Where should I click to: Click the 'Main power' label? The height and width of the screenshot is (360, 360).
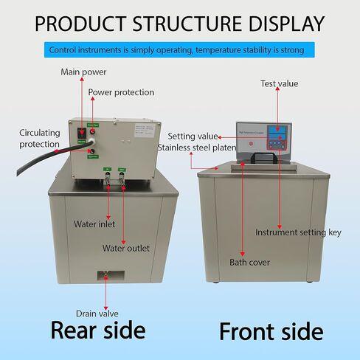(x=83, y=72)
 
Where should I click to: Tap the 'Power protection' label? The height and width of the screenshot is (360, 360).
(x=121, y=93)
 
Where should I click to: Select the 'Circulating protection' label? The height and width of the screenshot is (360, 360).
(x=38, y=138)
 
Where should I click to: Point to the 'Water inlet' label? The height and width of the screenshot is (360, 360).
(x=94, y=224)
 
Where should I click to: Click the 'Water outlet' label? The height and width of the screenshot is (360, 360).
(x=125, y=249)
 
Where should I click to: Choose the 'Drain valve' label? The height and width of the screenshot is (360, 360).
(x=97, y=312)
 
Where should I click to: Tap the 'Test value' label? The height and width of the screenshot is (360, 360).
(x=280, y=84)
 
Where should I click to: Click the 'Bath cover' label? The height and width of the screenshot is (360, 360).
(x=249, y=263)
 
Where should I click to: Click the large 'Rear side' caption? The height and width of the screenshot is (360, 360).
(x=97, y=330)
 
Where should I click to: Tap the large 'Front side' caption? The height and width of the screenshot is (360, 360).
(x=271, y=331)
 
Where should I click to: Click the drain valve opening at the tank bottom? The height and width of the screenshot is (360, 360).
(x=105, y=275)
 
